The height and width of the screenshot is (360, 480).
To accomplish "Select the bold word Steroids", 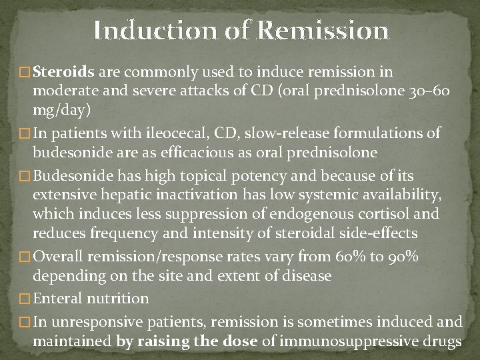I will tap(62, 71).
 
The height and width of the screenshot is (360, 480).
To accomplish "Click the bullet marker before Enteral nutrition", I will tap(25, 299).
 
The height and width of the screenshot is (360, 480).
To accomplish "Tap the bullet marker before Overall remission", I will tap(25, 257).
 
